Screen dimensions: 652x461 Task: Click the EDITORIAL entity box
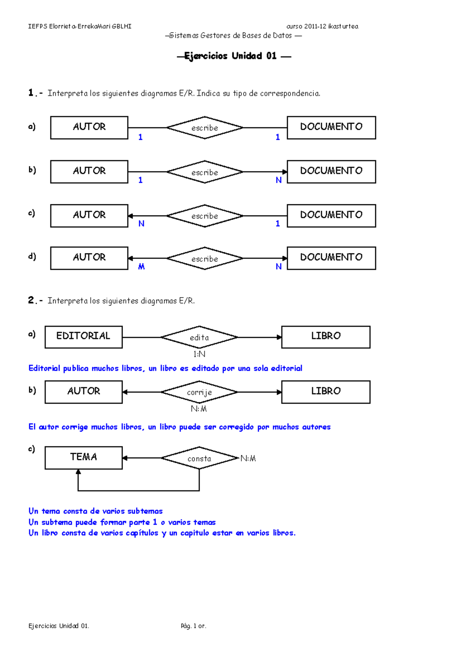[x=83, y=337]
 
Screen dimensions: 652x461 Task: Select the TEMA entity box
[x=83, y=457]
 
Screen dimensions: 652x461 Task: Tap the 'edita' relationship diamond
[x=199, y=337]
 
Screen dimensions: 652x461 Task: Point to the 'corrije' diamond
[x=199, y=392]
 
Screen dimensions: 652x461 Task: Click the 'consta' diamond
[x=199, y=458]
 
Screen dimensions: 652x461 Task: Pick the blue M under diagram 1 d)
[x=141, y=266]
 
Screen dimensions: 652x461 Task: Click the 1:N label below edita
[x=199, y=354]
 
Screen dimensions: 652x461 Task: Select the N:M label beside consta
[x=248, y=458]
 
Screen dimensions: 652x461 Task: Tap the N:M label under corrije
[x=199, y=409]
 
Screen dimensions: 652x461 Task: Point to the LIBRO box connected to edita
[x=326, y=337]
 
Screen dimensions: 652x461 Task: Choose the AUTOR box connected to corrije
[x=83, y=392]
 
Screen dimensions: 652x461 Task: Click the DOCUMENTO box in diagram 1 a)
[x=331, y=127]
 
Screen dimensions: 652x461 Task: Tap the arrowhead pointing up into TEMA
[x=78, y=472]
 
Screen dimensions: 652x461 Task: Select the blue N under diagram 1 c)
[x=141, y=223]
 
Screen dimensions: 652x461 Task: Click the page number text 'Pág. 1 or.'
[x=193, y=626]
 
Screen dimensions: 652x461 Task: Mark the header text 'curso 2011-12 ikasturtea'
[x=322, y=26]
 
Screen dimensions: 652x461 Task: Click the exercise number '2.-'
[x=35, y=300]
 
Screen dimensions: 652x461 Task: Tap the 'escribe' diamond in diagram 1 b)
[x=205, y=172]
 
